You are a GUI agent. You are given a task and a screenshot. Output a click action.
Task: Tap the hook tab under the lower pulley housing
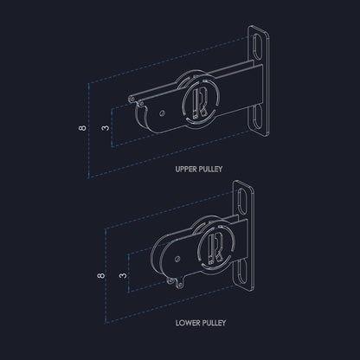179,281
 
